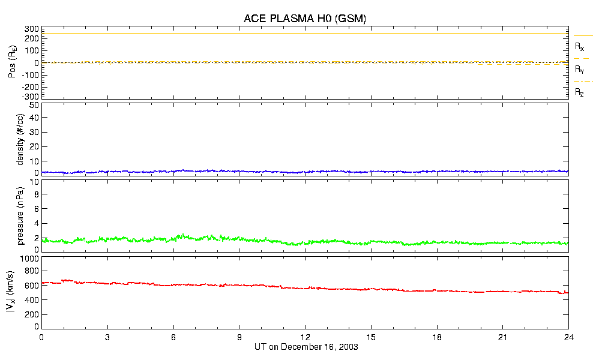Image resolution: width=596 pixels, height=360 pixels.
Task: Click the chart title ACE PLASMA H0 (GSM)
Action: point(304,19)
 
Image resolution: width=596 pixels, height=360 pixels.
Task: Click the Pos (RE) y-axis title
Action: point(12,63)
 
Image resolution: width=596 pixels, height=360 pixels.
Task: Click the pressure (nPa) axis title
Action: point(20,215)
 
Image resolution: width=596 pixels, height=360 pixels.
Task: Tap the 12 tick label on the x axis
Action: point(305,338)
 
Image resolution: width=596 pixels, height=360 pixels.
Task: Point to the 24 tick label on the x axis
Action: point(568,338)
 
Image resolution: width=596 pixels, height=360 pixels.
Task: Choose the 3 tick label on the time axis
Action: point(107,338)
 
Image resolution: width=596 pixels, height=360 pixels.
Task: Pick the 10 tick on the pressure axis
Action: point(34,194)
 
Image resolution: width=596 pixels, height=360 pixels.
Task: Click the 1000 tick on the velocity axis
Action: point(29,259)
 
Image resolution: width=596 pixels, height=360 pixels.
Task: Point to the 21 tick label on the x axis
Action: point(502,338)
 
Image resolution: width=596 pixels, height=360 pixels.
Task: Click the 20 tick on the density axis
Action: point(34,147)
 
